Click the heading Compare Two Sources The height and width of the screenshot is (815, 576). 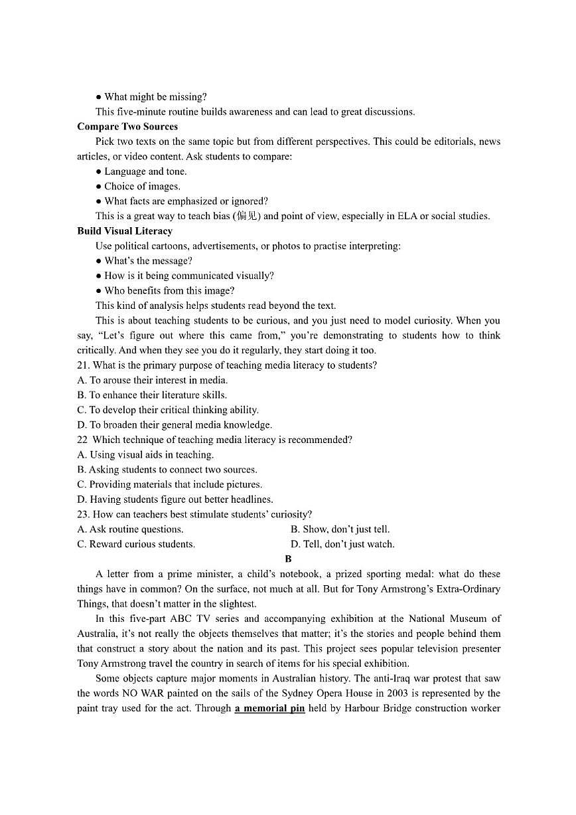pos(127,127)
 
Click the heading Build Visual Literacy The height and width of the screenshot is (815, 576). pos(125,231)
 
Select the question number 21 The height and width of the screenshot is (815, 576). pos(82,365)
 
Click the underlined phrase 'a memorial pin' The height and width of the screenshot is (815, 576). pos(269,708)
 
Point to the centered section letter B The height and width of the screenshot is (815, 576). pos(288,559)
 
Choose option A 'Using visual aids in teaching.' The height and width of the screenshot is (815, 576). pos(145,455)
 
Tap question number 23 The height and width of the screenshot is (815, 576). pos(82,514)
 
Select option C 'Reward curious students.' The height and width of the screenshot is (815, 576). pos(136,544)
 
